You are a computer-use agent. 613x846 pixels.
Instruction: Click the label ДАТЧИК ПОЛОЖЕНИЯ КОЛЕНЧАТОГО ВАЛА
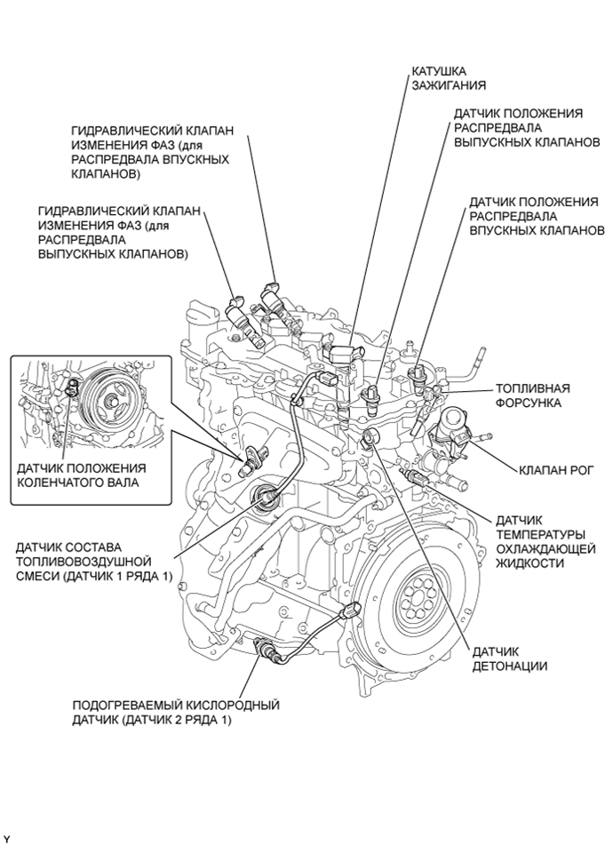click(x=81, y=475)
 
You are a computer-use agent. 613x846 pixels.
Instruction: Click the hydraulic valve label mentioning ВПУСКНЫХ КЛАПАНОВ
click(x=152, y=152)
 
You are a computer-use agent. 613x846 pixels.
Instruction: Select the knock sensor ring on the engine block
click(x=371, y=436)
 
